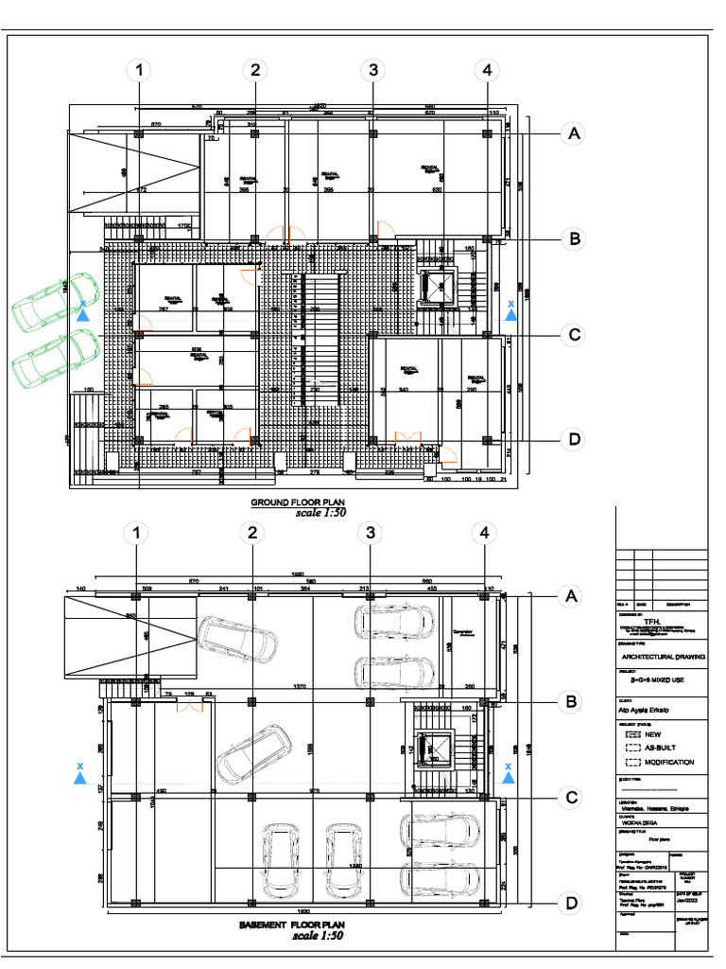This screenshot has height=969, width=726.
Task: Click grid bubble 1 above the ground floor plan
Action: click(x=139, y=70)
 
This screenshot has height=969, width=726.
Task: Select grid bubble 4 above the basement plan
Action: click(x=486, y=534)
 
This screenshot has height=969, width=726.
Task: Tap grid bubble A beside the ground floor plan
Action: click(x=571, y=134)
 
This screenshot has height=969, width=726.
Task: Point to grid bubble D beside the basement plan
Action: click(x=571, y=904)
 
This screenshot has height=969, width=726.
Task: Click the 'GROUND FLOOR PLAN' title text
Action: click(x=296, y=502)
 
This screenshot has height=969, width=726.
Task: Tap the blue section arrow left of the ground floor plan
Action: click(x=84, y=314)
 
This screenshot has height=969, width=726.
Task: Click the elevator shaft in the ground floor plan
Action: click(x=438, y=288)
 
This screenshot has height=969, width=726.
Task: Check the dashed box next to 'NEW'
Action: click(x=633, y=733)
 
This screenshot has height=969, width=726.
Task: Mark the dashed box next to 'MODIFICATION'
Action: click(x=633, y=762)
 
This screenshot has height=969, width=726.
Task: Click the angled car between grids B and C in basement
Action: click(x=248, y=753)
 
